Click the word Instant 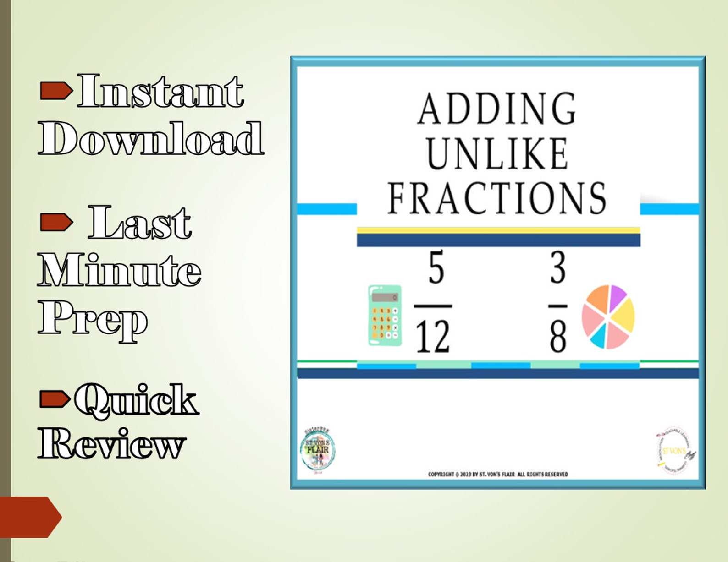coord(160,91)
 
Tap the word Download coord(151,138)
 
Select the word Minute coord(119,270)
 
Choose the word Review coord(112,443)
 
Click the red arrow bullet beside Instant coord(56,90)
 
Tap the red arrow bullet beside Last coord(56,222)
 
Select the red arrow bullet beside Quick coord(55,398)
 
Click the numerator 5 coord(436,268)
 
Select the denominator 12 coord(433,337)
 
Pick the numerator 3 coord(557,268)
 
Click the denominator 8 coord(558,337)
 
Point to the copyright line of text coord(498,474)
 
